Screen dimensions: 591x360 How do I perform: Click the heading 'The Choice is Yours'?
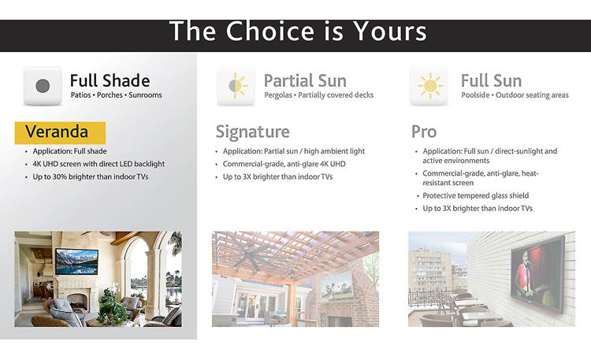click(x=298, y=31)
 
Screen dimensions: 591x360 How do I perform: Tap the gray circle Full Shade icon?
click(x=43, y=86)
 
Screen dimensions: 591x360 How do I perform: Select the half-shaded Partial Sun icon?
click(x=236, y=86)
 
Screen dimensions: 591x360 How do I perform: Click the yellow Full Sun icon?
click(x=429, y=86)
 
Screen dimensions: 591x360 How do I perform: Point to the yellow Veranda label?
click(x=60, y=132)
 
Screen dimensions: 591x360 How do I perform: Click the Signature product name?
click(x=252, y=132)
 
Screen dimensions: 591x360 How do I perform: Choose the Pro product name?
click(x=424, y=132)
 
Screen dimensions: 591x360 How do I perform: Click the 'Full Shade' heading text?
click(x=110, y=80)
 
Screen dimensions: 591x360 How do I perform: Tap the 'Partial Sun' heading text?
click(x=305, y=80)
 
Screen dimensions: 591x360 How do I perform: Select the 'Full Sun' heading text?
click(x=491, y=80)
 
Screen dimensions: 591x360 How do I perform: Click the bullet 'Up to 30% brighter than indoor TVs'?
click(x=91, y=176)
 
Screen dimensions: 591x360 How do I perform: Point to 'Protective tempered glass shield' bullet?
click(x=476, y=195)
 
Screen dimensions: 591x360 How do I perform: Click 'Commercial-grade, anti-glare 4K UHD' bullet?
click(x=284, y=164)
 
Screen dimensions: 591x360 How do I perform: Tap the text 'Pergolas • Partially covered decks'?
click(x=319, y=95)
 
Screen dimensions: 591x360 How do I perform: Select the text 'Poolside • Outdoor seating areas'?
click(x=515, y=95)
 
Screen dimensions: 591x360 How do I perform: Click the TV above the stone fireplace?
click(x=77, y=262)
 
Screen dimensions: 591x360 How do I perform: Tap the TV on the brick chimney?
click(x=337, y=285)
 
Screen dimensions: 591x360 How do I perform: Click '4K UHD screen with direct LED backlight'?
click(x=98, y=164)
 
